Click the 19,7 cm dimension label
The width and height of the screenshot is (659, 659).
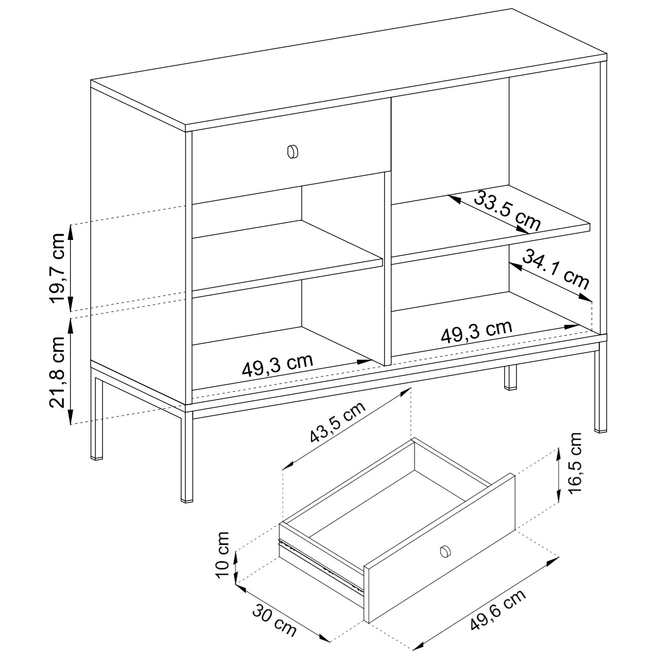coord(57,268)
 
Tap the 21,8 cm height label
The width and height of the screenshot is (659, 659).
coord(57,372)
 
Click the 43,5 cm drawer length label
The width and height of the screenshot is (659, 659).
coord(338,423)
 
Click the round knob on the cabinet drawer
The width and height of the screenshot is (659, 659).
coord(293,151)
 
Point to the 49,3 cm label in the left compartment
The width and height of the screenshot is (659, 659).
coord(278,365)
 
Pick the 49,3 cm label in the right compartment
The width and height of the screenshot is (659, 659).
coord(477,331)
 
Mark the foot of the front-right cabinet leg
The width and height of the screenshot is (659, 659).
coord(600,430)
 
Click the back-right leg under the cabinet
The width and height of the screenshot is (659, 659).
coord(510,377)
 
